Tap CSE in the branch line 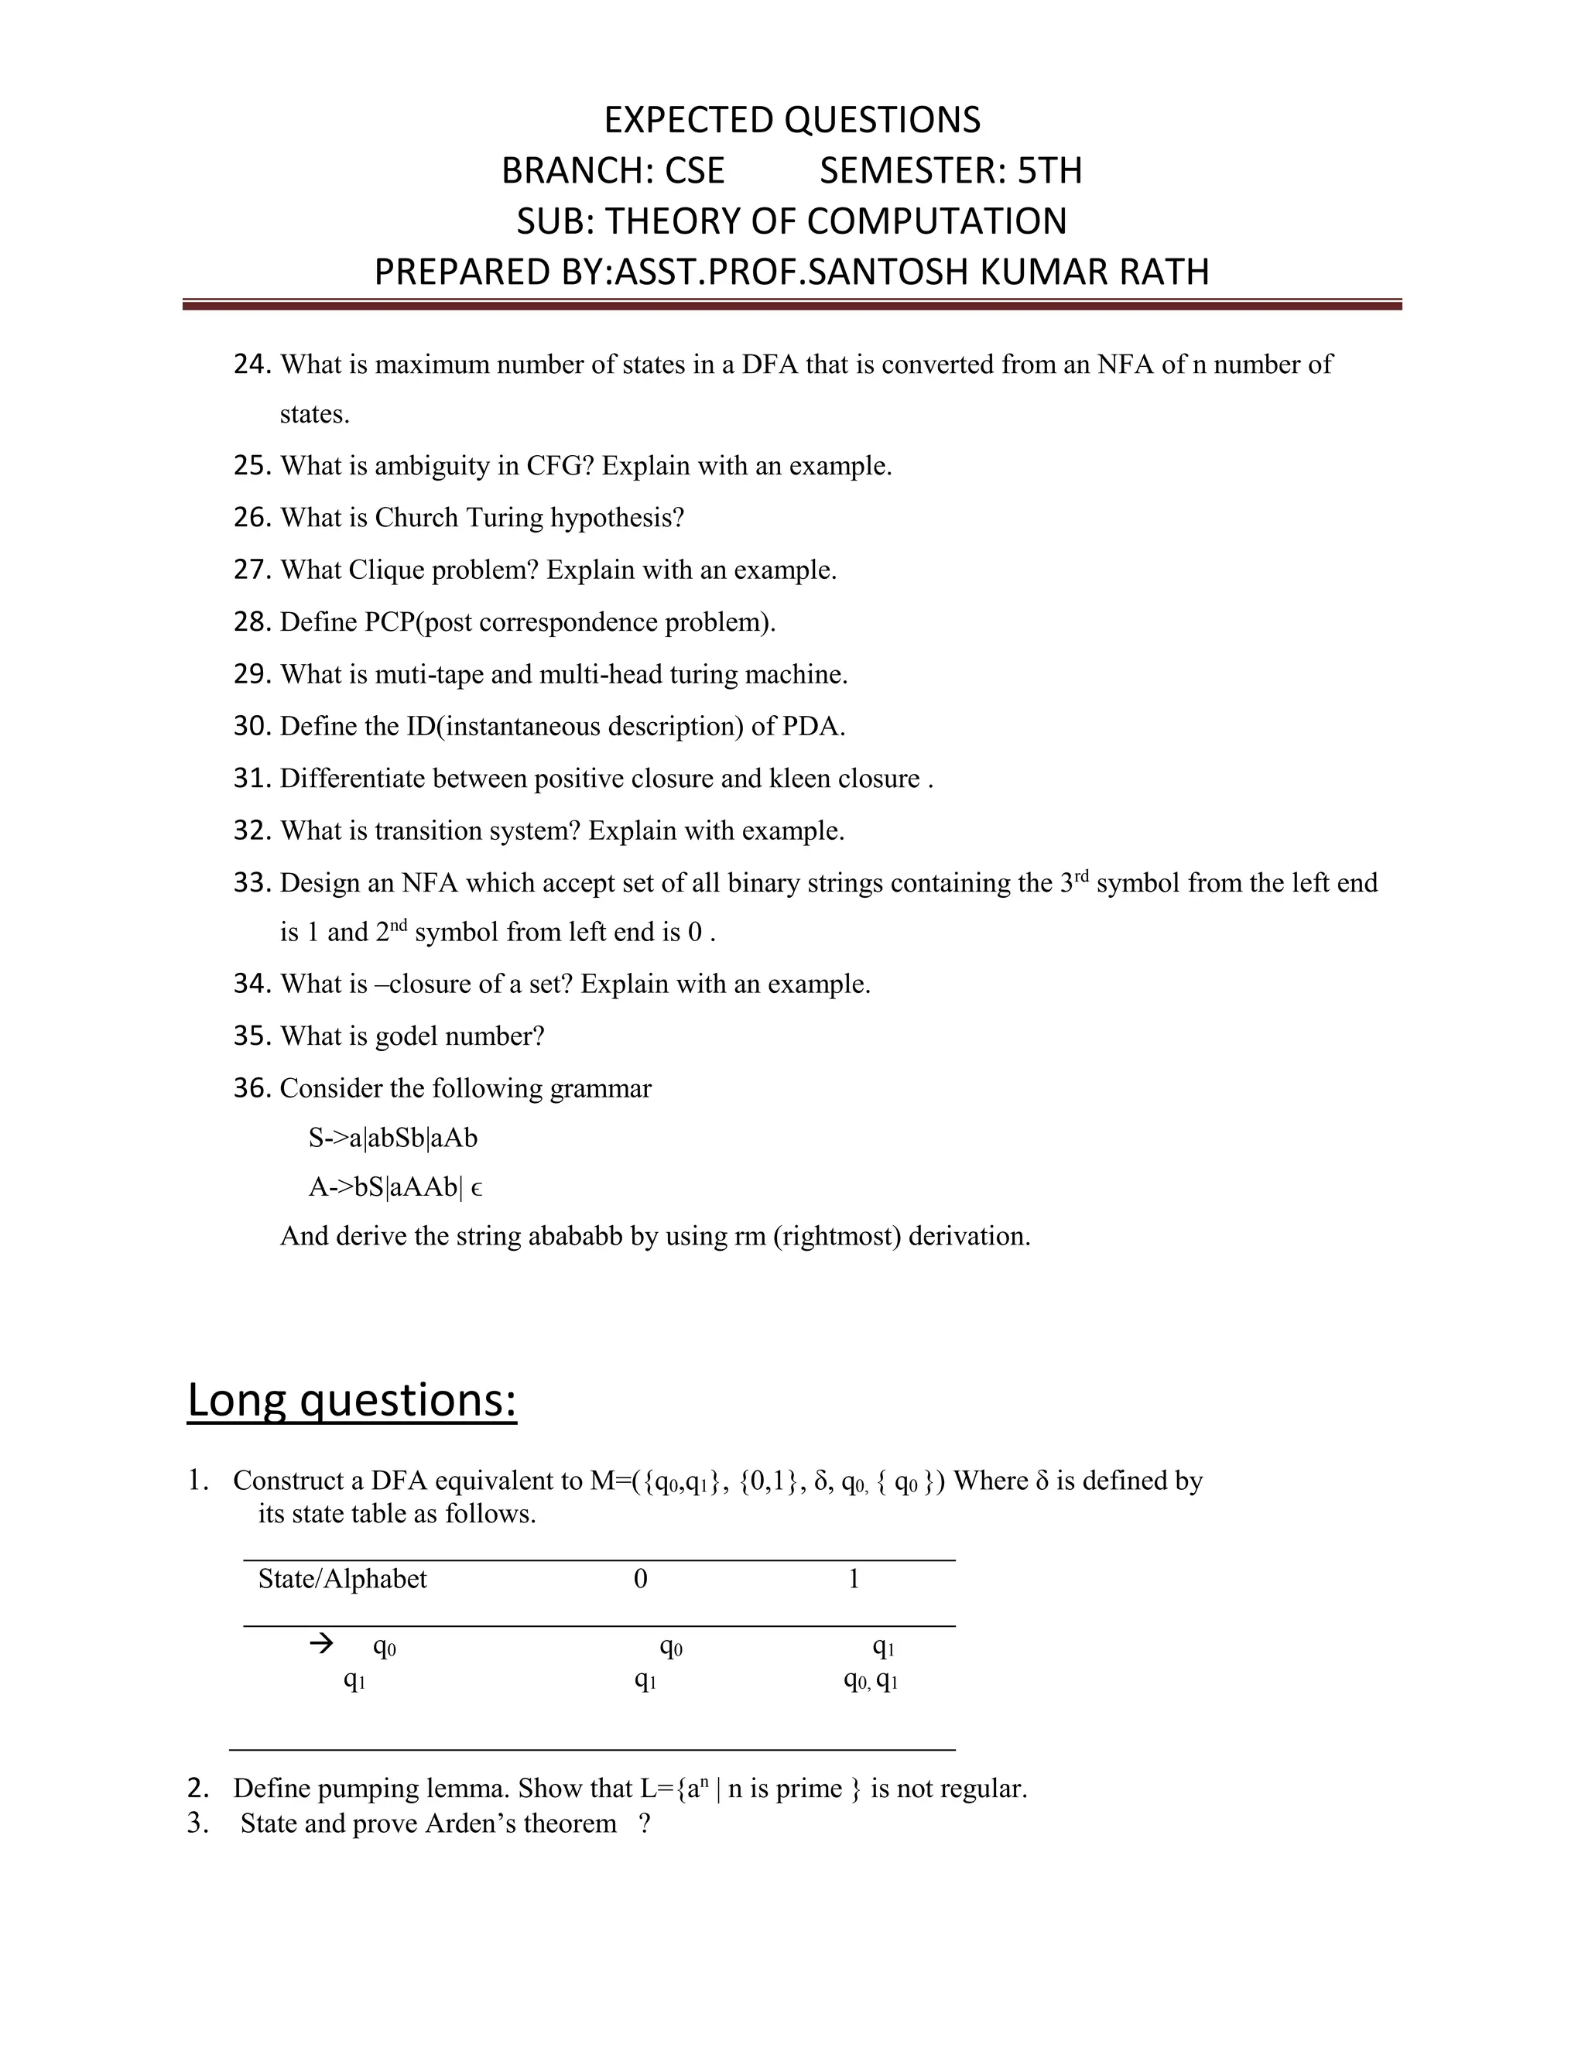694,171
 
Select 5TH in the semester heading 1049,171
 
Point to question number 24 252,365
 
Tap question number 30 252,726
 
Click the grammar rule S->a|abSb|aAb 392,1138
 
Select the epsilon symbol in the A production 476,1189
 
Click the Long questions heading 352,1400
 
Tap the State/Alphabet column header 342,1579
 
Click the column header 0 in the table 640,1579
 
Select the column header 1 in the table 854,1579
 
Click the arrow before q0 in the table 321,1643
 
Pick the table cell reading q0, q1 871,1680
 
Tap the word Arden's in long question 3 470,1823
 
